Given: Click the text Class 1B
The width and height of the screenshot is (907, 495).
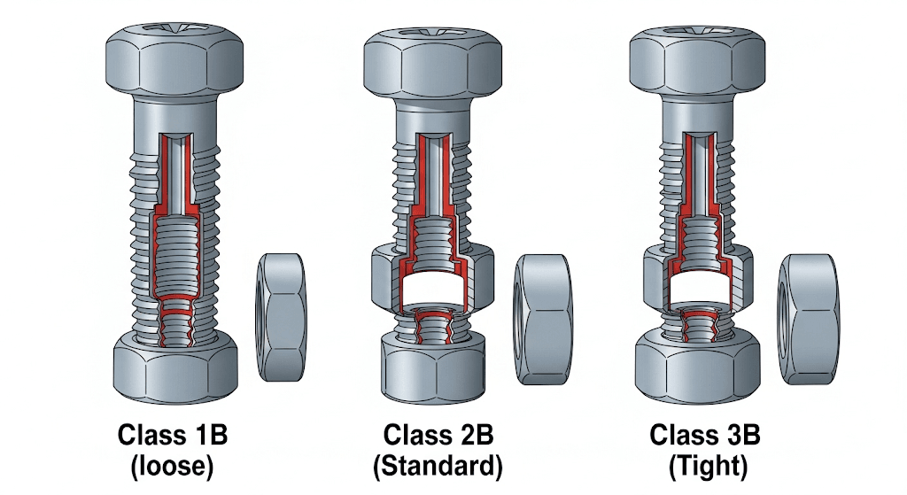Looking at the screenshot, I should point(173,436).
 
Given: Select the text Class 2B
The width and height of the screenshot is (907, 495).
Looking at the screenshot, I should point(438,436).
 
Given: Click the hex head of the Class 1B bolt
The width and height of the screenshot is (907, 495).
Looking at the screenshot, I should point(174,57).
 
